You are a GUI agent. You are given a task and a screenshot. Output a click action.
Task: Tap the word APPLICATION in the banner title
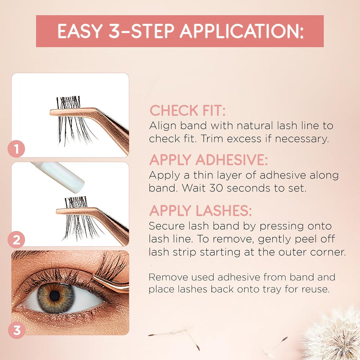click(x=242, y=31)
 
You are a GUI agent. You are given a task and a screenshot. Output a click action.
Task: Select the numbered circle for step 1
click(x=16, y=149)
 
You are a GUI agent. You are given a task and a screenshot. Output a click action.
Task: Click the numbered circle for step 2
click(x=16, y=240)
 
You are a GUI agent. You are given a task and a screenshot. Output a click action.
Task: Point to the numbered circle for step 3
click(x=17, y=330)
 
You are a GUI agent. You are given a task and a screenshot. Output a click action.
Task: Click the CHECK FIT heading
click(x=188, y=110)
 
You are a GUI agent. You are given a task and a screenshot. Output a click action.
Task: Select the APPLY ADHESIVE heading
click(x=208, y=160)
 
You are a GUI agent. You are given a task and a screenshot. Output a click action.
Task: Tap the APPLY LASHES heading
click(x=200, y=211)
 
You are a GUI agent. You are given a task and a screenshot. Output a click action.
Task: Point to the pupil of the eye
click(x=54, y=296)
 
